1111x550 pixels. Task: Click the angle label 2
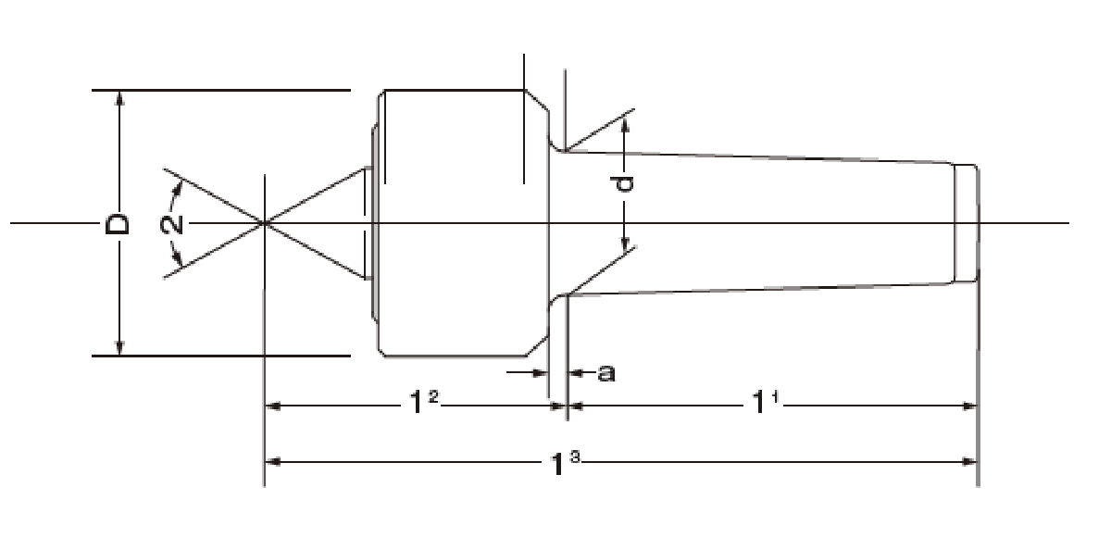point(171,225)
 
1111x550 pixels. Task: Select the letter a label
point(606,373)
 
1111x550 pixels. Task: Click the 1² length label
point(423,402)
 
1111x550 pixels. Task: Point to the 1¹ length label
point(766,402)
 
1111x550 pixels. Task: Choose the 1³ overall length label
point(565,463)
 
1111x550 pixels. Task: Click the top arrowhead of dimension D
point(119,98)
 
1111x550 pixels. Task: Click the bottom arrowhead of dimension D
point(119,348)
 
